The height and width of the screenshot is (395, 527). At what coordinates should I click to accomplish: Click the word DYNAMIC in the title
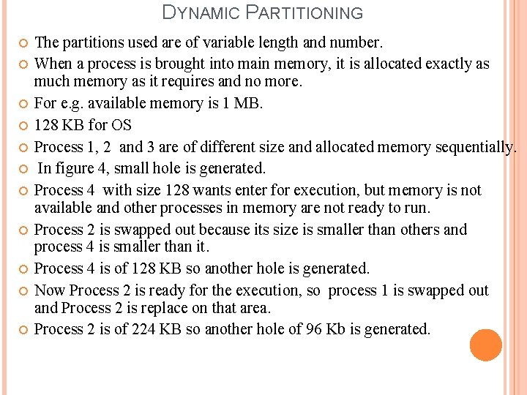(x=201, y=12)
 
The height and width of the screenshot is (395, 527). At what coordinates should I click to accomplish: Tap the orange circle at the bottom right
(x=486, y=345)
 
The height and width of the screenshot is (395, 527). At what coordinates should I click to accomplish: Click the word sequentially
(x=475, y=147)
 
